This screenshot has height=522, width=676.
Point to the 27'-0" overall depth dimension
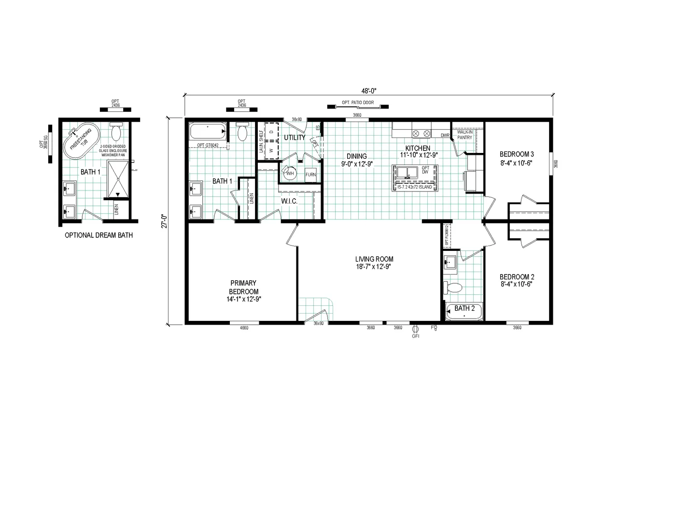pyautogui.click(x=164, y=221)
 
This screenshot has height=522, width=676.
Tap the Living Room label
pyautogui.click(x=374, y=262)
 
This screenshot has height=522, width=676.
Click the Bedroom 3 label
pyautogui.click(x=517, y=158)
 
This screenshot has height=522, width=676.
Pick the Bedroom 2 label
pyautogui.click(x=517, y=280)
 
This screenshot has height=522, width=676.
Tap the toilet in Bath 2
pyautogui.click(x=453, y=288)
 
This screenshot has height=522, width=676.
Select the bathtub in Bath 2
pyautogui.click(x=464, y=312)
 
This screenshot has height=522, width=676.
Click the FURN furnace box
pyautogui.click(x=310, y=175)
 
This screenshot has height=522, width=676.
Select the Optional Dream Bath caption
pyautogui.click(x=99, y=235)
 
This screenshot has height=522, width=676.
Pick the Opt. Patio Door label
pyautogui.click(x=358, y=103)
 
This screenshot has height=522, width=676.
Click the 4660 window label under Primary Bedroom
pyautogui.click(x=244, y=328)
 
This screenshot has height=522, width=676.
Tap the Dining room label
pyautogui.click(x=357, y=160)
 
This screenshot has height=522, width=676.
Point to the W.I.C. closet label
pyautogui.click(x=289, y=201)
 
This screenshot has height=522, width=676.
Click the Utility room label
pyautogui.click(x=295, y=137)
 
